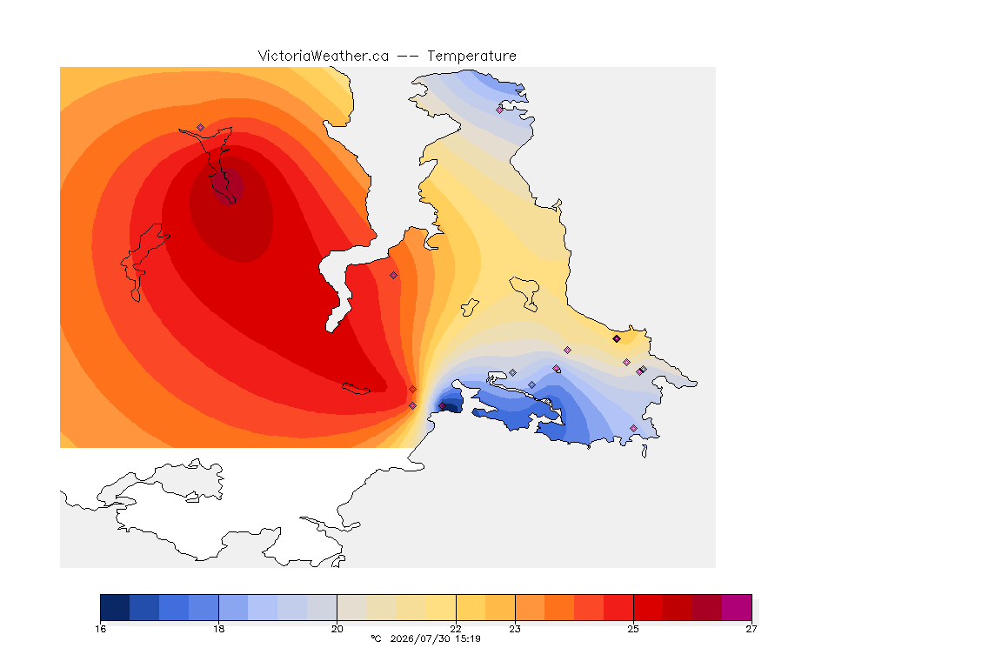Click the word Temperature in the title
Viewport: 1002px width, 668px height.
tap(471, 57)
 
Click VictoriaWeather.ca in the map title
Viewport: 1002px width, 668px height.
tap(324, 57)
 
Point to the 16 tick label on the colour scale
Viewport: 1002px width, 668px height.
tap(100, 629)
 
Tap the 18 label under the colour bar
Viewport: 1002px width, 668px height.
tap(218, 629)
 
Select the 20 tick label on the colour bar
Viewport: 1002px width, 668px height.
tap(337, 629)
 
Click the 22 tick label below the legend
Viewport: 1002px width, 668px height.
tap(456, 629)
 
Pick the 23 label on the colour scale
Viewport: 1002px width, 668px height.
tap(515, 629)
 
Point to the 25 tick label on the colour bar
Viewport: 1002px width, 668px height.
tap(633, 629)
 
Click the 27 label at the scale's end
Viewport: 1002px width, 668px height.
tap(751, 629)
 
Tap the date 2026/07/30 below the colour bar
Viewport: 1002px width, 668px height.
tap(419, 638)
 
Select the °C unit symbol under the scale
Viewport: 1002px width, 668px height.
tap(376, 638)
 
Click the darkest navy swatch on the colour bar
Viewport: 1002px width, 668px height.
tap(115, 607)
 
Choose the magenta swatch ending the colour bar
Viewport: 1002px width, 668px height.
tap(737, 607)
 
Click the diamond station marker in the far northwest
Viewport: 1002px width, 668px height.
tap(201, 128)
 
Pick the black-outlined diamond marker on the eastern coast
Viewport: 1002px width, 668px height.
tap(617, 339)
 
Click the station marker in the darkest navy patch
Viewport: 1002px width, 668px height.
tap(442, 406)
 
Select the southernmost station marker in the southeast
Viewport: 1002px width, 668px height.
tap(634, 428)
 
